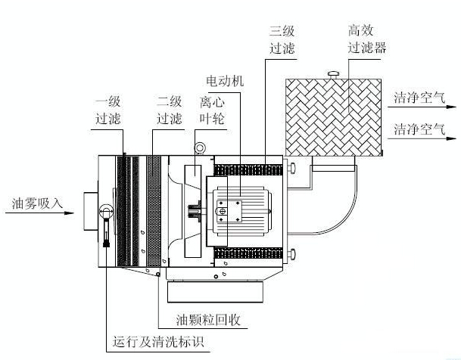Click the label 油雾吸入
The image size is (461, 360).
(x=37, y=203)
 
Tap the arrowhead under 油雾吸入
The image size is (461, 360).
(x=69, y=213)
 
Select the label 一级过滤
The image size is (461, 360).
(x=108, y=110)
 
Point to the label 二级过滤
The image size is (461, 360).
(x=170, y=110)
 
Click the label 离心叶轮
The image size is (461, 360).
(x=212, y=110)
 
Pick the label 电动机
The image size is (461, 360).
(x=225, y=81)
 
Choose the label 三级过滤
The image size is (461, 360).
(x=282, y=39)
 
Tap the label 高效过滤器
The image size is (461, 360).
(x=367, y=39)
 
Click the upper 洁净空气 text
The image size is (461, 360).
(x=419, y=98)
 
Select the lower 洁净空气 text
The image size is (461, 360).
(x=419, y=129)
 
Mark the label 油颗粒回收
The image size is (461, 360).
(x=208, y=320)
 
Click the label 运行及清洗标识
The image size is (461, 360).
(x=158, y=342)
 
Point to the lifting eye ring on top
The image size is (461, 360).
(x=200, y=148)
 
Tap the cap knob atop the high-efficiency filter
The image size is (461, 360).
(x=334, y=73)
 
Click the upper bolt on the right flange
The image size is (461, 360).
(x=291, y=168)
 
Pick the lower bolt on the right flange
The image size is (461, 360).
(x=291, y=254)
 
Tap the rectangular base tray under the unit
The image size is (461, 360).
(x=215, y=292)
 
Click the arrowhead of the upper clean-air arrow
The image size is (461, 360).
(x=451, y=107)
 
